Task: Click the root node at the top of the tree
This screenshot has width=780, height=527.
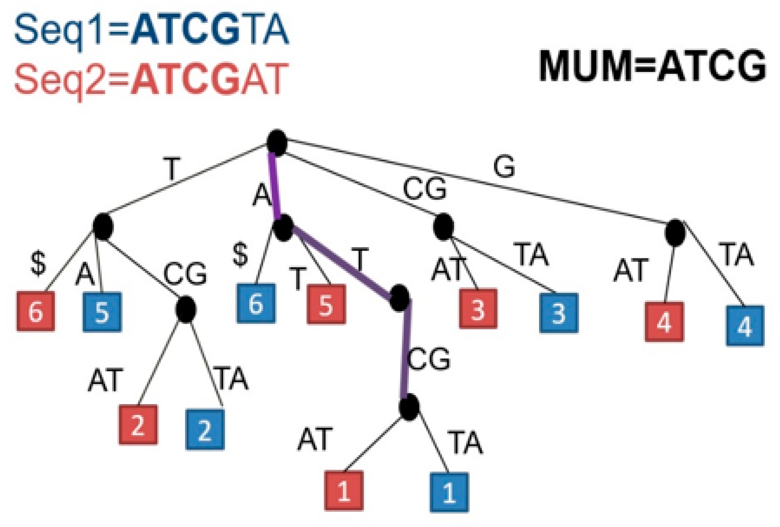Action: pyautogui.click(x=277, y=143)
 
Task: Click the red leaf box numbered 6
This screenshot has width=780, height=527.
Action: pyautogui.click(x=36, y=311)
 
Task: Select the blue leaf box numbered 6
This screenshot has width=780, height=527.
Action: pyautogui.click(x=256, y=303)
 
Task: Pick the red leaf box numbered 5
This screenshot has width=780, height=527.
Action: pyautogui.click(x=326, y=304)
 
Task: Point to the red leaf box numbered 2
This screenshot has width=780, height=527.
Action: pyautogui.click(x=138, y=425)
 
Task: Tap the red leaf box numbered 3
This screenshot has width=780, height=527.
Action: pyautogui.click(x=478, y=308)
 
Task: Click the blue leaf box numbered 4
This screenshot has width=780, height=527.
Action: pyautogui.click(x=745, y=325)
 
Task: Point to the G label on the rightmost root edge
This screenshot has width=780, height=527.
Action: pyautogui.click(x=504, y=167)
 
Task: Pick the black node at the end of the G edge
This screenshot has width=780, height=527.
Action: pyautogui.click(x=675, y=233)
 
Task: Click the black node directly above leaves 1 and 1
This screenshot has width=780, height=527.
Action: pyautogui.click(x=409, y=407)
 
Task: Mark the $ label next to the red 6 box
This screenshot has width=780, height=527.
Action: pyautogui.click(x=38, y=264)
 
